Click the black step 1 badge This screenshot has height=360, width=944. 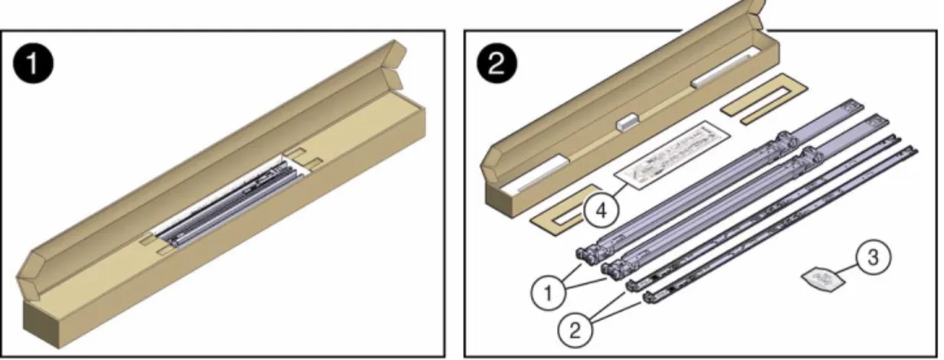point(33,64)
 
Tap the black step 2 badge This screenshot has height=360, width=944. point(497,64)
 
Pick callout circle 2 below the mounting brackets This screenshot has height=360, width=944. point(575,330)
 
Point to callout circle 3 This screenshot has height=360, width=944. point(874,257)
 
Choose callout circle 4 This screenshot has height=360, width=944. point(601,210)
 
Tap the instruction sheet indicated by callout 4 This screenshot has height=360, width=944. point(672,155)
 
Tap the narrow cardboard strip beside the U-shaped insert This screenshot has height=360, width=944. point(773,113)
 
